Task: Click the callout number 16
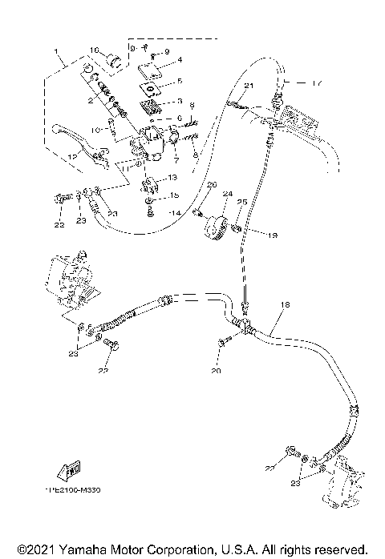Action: point(93,50)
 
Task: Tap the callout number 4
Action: point(178,59)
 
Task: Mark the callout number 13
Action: point(172,178)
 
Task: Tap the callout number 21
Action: point(248,86)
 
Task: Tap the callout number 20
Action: point(215,371)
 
